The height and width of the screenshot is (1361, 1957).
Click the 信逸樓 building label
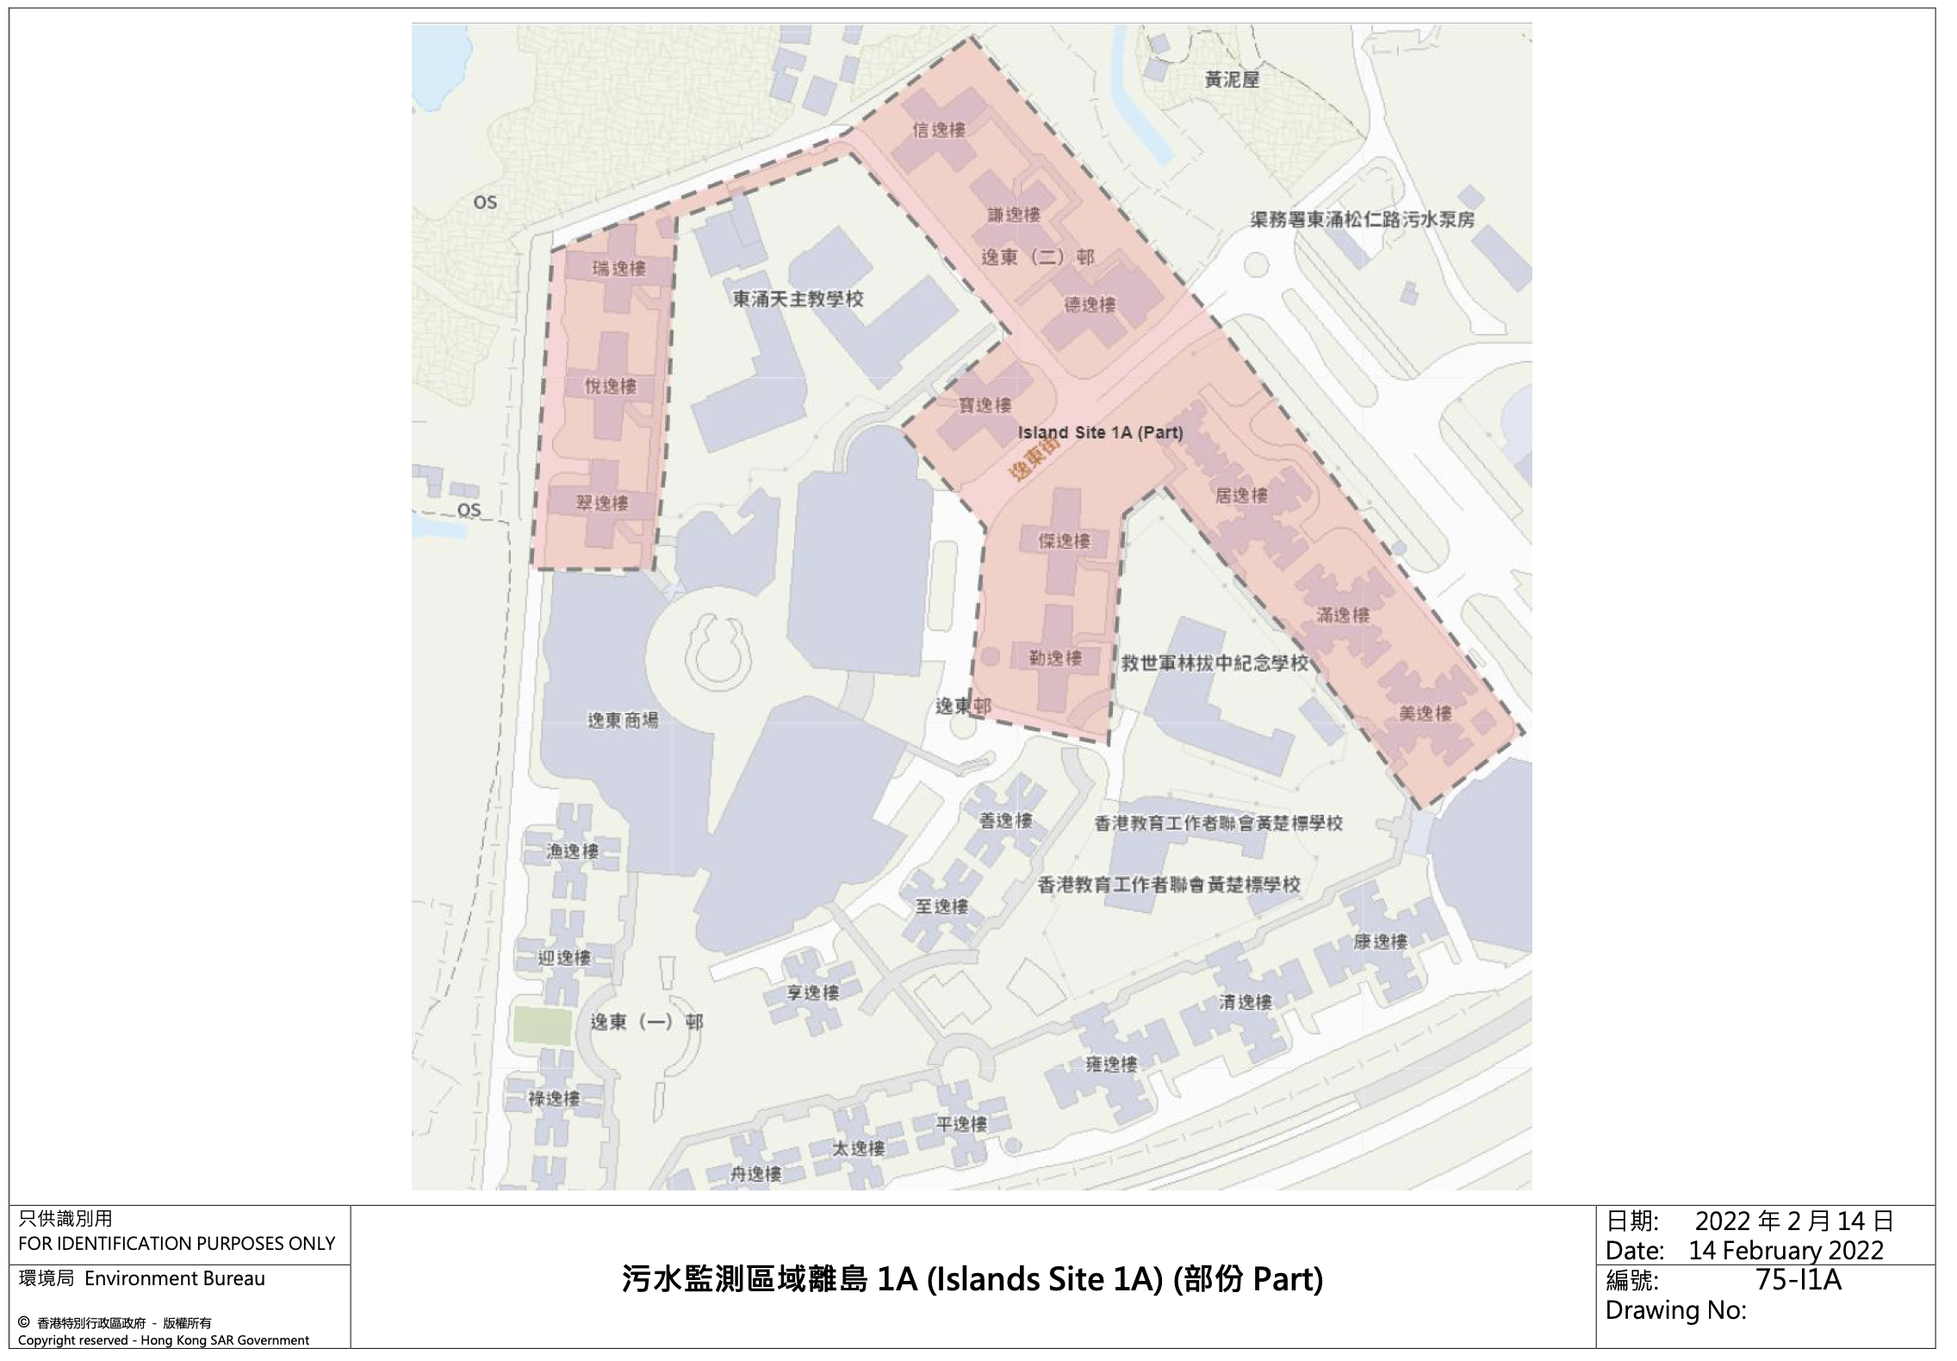[939, 130]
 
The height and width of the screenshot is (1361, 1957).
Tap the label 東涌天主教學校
[798, 299]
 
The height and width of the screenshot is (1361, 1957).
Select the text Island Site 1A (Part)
[1100, 432]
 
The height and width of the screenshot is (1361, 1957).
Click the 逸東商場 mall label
[623, 719]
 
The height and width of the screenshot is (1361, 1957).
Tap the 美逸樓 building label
[1426, 713]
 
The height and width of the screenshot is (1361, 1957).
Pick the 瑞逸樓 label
[618, 269]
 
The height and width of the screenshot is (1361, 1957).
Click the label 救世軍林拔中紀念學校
[1215, 662]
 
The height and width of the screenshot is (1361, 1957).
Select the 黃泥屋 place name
[1232, 80]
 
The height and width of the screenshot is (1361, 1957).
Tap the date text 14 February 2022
[1786, 1250]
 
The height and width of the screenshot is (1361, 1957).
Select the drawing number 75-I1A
[1799, 1280]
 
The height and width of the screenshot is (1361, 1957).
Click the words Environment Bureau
[175, 1278]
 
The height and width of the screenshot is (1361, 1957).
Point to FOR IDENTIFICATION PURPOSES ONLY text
[177, 1243]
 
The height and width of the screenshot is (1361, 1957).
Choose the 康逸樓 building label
[1381, 942]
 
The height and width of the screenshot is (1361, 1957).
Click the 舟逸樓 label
[755, 1174]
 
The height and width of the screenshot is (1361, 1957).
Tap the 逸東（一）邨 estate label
[646, 1022]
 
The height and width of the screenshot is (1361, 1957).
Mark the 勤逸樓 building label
[1055, 658]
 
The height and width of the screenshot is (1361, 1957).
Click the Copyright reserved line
[164, 1340]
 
